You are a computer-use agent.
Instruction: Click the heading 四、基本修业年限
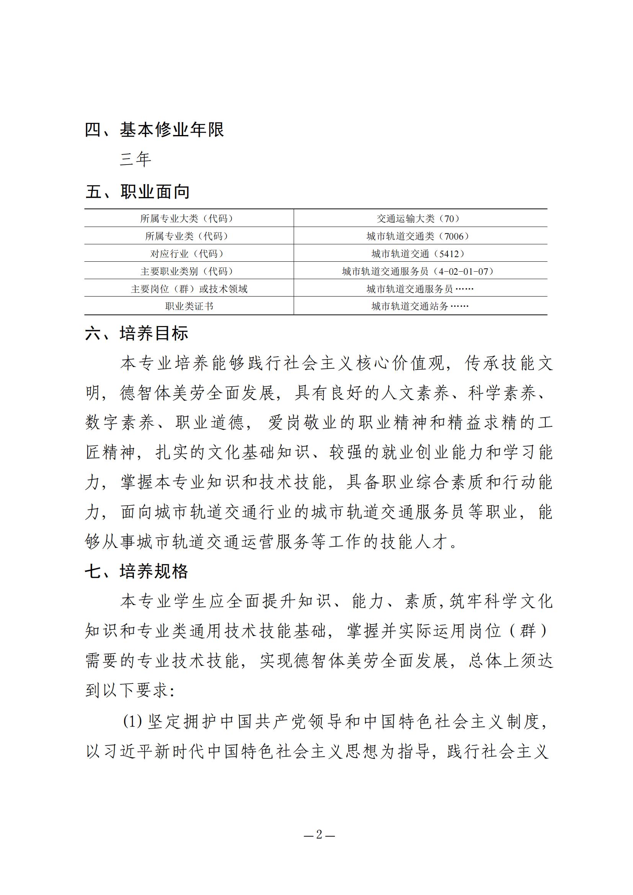click(154, 130)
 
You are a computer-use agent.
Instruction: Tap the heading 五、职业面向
click(138, 192)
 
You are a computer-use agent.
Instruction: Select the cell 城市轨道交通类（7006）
click(420, 236)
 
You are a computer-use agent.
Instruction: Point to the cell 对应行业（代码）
click(189, 254)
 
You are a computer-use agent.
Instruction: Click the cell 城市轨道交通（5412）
click(420, 254)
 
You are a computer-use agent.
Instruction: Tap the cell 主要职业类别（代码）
click(189, 271)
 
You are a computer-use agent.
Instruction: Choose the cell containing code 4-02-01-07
click(420, 271)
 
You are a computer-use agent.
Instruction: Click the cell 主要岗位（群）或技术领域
click(189, 289)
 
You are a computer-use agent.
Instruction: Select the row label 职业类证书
click(189, 306)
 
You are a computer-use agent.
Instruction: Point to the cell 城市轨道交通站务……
click(420, 306)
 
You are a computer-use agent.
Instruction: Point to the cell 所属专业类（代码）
click(189, 236)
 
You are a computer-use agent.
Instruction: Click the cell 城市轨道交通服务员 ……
click(420, 289)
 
